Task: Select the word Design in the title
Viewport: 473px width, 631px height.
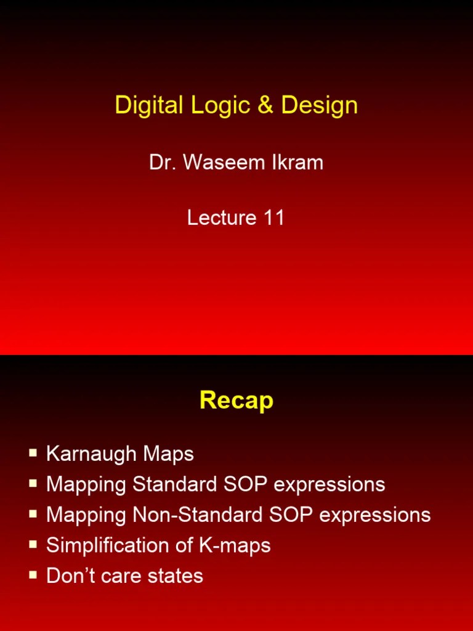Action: (x=319, y=105)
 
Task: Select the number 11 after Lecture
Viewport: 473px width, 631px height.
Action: (x=273, y=218)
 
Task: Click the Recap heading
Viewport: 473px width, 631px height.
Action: (x=236, y=401)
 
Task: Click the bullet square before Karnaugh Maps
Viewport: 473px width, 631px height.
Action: (x=33, y=454)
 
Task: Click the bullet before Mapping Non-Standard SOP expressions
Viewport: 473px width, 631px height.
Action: (x=33, y=515)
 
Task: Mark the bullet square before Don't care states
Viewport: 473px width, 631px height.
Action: (x=33, y=575)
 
